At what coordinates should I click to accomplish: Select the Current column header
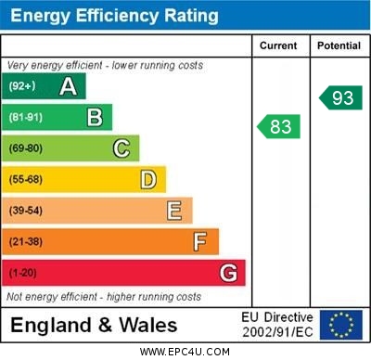click(x=278, y=45)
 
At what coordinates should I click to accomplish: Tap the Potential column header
click(x=339, y=45)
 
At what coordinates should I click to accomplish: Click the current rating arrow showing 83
click(x=279, y=126)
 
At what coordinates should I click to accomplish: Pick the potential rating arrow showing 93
click(x=340, y=97)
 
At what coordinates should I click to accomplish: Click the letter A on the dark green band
click(x=68, y=86)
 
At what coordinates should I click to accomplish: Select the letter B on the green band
click(x=95, y=117)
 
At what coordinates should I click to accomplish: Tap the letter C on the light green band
click(x=122, y=148)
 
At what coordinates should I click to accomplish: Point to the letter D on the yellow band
click(x=148, y=179)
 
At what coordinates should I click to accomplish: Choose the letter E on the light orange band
click(x=174, y=211)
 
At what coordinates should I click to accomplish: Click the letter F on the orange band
click(x=200, y=241)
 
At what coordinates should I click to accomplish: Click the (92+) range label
click(x=23, y=86)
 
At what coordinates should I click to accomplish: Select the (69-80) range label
click(x=26, y=148)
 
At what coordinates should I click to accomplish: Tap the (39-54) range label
click(x=26, y=211)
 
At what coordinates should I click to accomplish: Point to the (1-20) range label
click(x=23, y=273)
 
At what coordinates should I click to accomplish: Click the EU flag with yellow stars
click(x=341, y=325)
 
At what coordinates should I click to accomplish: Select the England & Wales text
click(x=94, y=326)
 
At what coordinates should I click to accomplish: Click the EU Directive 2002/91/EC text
click(x=277, y=325)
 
